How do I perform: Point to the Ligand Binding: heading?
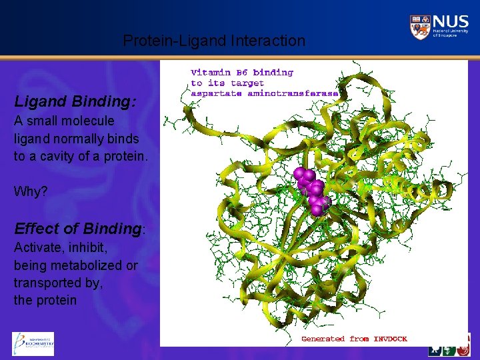75,102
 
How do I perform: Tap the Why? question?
31,191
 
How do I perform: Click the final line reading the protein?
45,300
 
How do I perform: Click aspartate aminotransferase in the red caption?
265,93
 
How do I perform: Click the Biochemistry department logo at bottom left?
33,343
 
